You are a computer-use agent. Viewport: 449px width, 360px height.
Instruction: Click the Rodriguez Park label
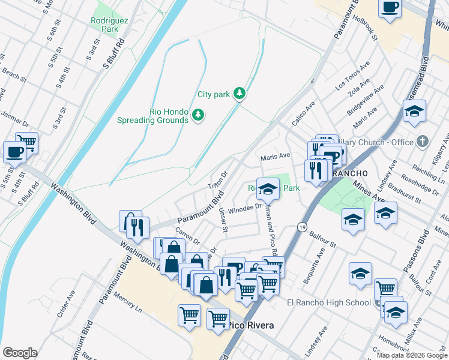[106, 24]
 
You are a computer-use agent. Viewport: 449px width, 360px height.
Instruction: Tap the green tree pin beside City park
[240, 93]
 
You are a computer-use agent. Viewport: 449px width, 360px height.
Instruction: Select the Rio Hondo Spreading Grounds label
[169, 115]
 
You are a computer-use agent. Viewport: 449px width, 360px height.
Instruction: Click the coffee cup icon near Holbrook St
[390, 8]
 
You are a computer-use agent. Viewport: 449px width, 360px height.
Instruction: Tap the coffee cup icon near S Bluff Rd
[14, 152]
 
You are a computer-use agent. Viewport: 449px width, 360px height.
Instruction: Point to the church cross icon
[423, 142]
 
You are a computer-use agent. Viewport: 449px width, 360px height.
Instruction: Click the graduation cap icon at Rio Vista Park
[268, 189]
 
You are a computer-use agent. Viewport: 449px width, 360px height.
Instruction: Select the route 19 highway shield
[302, 226]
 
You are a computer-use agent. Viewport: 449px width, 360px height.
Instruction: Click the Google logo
[20, 353]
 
